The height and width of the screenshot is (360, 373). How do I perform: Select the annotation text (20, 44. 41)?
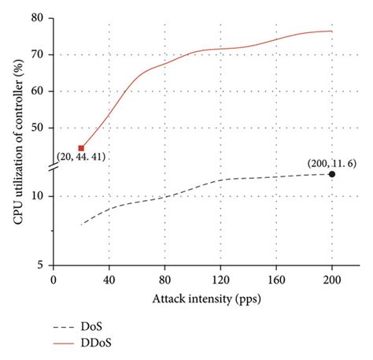[80, 157]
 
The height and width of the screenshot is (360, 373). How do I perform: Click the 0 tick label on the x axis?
[54, 279]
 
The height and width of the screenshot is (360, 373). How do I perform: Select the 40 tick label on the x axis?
[109, 279]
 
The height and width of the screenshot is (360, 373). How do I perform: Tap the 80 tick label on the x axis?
[164, 279]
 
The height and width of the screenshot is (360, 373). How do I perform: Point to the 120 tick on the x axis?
[220, 279]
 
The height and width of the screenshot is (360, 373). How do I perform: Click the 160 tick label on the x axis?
[276, 279]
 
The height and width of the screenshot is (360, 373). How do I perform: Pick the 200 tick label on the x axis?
[332, 279]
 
